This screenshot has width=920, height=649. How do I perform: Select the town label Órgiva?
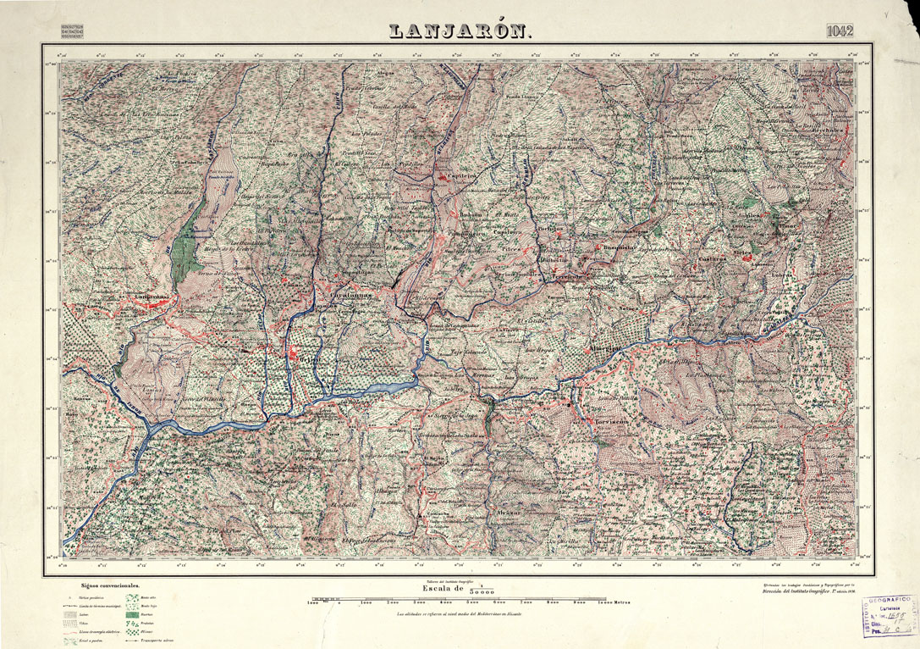click(290, 359)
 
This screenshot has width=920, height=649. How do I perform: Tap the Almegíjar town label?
click(604, 348)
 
